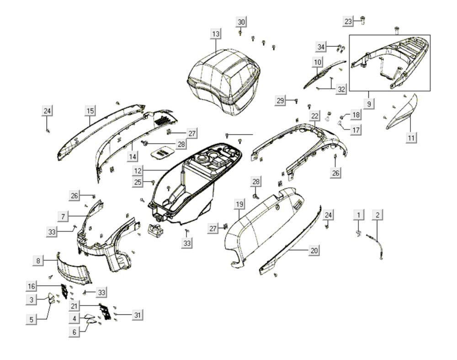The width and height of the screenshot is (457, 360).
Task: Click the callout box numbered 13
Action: [x=216, y=34]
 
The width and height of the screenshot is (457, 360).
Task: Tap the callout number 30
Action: [x=241, y=22]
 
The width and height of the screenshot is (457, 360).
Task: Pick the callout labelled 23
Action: [x=348, y=21]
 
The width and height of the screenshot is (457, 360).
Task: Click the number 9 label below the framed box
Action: [x=369, y=103]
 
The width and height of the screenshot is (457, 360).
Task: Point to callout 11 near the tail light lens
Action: [x=411, y=137]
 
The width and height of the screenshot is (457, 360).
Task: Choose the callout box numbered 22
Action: [x=314, y=116]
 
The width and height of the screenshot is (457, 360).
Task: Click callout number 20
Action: [x=314, y=250]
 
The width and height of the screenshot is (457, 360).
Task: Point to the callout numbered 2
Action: [x=377, y=215]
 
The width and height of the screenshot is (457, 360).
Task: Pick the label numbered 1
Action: [x=359, y=215]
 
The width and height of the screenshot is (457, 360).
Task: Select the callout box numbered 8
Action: [x=38, y=261]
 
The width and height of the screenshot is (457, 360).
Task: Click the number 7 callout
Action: [x=64, y=215]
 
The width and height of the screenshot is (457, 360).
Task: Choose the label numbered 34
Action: [x=322, y=47]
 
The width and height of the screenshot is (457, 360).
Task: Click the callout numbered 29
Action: [x=281, y=100]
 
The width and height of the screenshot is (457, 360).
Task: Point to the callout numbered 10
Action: [x=317, y=61]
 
